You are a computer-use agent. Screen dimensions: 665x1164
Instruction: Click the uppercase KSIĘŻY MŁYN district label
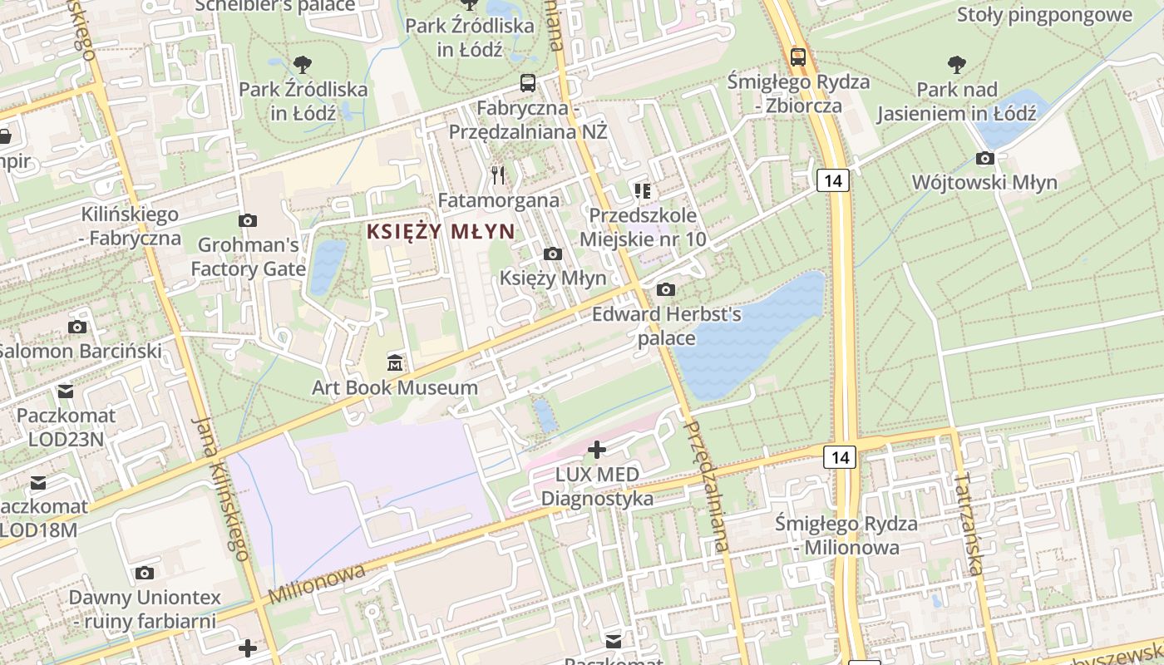[x=441, y=231]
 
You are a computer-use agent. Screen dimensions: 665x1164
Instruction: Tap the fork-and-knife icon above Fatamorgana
[x=498, y=175]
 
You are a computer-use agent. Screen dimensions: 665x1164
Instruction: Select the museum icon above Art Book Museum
[x=395, y=363]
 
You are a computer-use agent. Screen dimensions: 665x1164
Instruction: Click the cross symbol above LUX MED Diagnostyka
[x=597, y=450]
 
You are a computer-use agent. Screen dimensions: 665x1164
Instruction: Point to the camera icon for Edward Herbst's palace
[x=665, y=289]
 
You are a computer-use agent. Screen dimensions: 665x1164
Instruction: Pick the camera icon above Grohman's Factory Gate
[x=247, y=220]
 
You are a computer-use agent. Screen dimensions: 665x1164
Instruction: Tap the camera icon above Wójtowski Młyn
[x=984, y=158]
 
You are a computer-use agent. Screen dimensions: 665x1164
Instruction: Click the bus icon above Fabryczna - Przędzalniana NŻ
[x=528, y=82]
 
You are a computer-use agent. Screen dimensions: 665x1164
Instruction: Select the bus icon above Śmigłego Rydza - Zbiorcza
[x=798, y=57]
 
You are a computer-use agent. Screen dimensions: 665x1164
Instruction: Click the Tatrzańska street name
[x=969, y=524]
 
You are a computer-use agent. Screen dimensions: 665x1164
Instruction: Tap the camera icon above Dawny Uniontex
[x=145, y=573]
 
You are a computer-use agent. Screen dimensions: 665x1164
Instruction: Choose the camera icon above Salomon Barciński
[x=77, y=327]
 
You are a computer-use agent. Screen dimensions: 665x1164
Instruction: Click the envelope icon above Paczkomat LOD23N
[x=66, y=391]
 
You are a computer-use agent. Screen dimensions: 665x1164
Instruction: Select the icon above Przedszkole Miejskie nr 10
[x=642, y=191]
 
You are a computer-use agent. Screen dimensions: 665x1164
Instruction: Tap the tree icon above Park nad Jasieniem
[x=957, y=64]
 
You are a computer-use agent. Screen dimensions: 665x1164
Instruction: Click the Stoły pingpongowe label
[x=1044, y=14]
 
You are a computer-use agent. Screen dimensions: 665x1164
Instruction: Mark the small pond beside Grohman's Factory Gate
[x=327, y=266]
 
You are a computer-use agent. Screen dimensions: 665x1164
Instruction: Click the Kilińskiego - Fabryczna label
[x=130, y=226]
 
